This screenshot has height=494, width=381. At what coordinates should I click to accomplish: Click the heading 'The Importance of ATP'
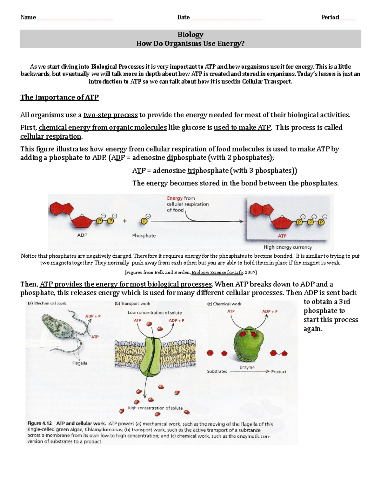(59, 97)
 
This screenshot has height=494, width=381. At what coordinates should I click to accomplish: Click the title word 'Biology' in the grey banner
(190, 34)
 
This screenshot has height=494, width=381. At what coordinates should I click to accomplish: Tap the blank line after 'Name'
(75, 18)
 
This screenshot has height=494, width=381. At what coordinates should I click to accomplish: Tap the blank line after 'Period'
(348, 18)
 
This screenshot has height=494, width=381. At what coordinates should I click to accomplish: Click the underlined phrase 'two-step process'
(110, 115)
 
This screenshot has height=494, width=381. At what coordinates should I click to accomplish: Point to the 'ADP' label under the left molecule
(82, 235)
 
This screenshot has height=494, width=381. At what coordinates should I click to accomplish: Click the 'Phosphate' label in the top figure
(144, 236)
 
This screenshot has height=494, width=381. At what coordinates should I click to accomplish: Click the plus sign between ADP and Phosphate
(125, 221)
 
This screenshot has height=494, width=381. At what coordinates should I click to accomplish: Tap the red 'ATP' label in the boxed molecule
(282, 236)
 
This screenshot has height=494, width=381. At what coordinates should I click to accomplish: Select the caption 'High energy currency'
(288, 247)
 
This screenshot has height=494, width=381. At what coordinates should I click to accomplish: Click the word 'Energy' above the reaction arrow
(175, 198)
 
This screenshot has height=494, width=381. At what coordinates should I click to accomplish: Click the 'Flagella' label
(80, 363)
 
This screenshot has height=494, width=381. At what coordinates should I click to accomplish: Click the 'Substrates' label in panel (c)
(217, 371)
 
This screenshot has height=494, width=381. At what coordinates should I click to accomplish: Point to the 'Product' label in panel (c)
(278, 372)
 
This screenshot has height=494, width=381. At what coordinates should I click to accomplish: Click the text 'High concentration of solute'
(155, 408)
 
